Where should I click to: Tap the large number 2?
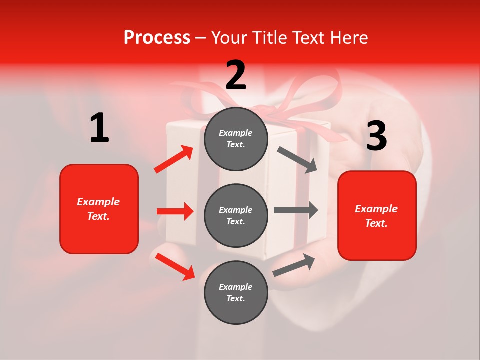[x=236, y=75]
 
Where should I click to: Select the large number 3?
[x=376, y=136]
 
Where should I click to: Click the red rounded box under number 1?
[x=99, y=209]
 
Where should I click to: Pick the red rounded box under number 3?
[x=377, y=215]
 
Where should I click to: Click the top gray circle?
[x=236, y=139]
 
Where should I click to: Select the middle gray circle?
[x=236, y=215]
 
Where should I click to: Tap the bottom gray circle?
[x=236, y=292]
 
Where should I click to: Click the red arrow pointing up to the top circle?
[x=174, y=159]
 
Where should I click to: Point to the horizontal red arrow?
[x=175, y=211]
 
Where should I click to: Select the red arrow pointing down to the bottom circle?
[x=175, y=266]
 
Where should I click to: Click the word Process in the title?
[x=157, y=37]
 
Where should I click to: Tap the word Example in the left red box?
[x=99, y=202]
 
